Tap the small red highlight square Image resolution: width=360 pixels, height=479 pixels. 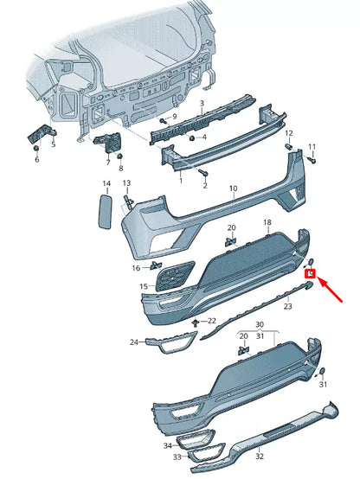(311, 275)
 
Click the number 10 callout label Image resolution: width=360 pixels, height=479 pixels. (233, 188)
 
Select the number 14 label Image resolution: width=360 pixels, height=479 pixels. (106, 184)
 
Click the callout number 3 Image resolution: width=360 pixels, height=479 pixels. (202, 103)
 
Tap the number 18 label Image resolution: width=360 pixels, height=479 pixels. (267, 223)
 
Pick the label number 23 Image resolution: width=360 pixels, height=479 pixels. (287, 306)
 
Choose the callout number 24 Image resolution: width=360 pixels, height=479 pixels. (134, 342)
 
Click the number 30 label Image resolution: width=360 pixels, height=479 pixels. (259, 324)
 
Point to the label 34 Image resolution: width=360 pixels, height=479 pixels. (168, 446)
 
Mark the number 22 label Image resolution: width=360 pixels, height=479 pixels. (212, 322)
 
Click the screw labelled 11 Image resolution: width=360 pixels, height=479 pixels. (312, 160)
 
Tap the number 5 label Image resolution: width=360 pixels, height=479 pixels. (53, 144)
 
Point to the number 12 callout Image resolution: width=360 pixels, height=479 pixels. (289, 134)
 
